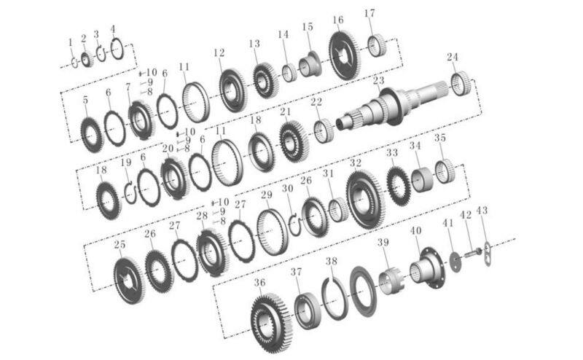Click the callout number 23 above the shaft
[x=378, y=80]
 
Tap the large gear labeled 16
[x=343, y=55]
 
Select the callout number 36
[x=259, y=283]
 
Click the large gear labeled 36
[x=271, y=322]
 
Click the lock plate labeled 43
[x=488, y=254]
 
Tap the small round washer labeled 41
[x=455, y=262]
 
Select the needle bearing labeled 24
[x=461, y=83]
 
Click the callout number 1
[x=71, y=42]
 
